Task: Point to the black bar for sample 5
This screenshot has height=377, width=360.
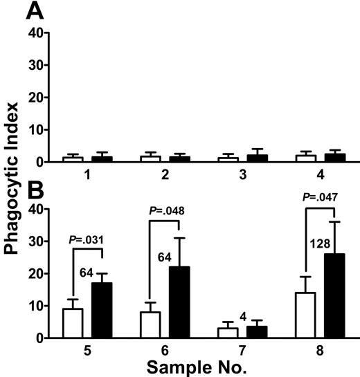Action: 102,310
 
